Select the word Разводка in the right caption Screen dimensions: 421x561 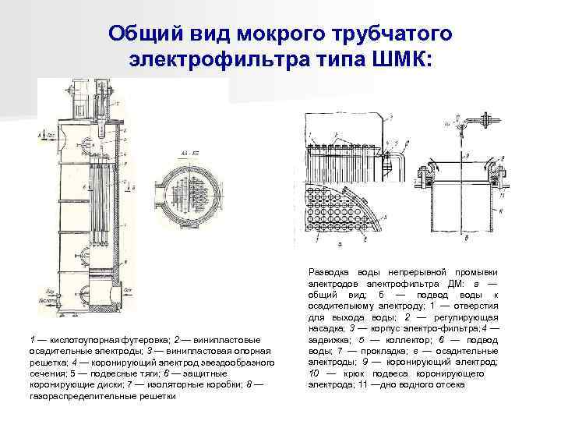tap(331, 271)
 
